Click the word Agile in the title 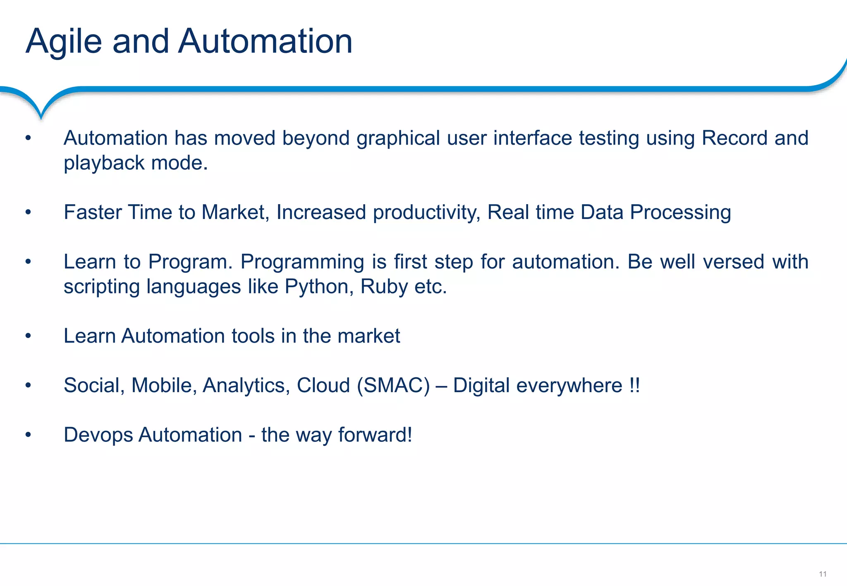pos(63,42)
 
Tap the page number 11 pos(822,574)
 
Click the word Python pos(319,286)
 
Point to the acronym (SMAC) pos(393,386)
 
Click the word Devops pos(98,435)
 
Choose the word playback pos(104,163)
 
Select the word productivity pos(426,212)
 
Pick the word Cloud pos(323,386)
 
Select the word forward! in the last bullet pos(375,435)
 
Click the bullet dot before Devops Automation pos(28,435)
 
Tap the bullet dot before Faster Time pos(28,212)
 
